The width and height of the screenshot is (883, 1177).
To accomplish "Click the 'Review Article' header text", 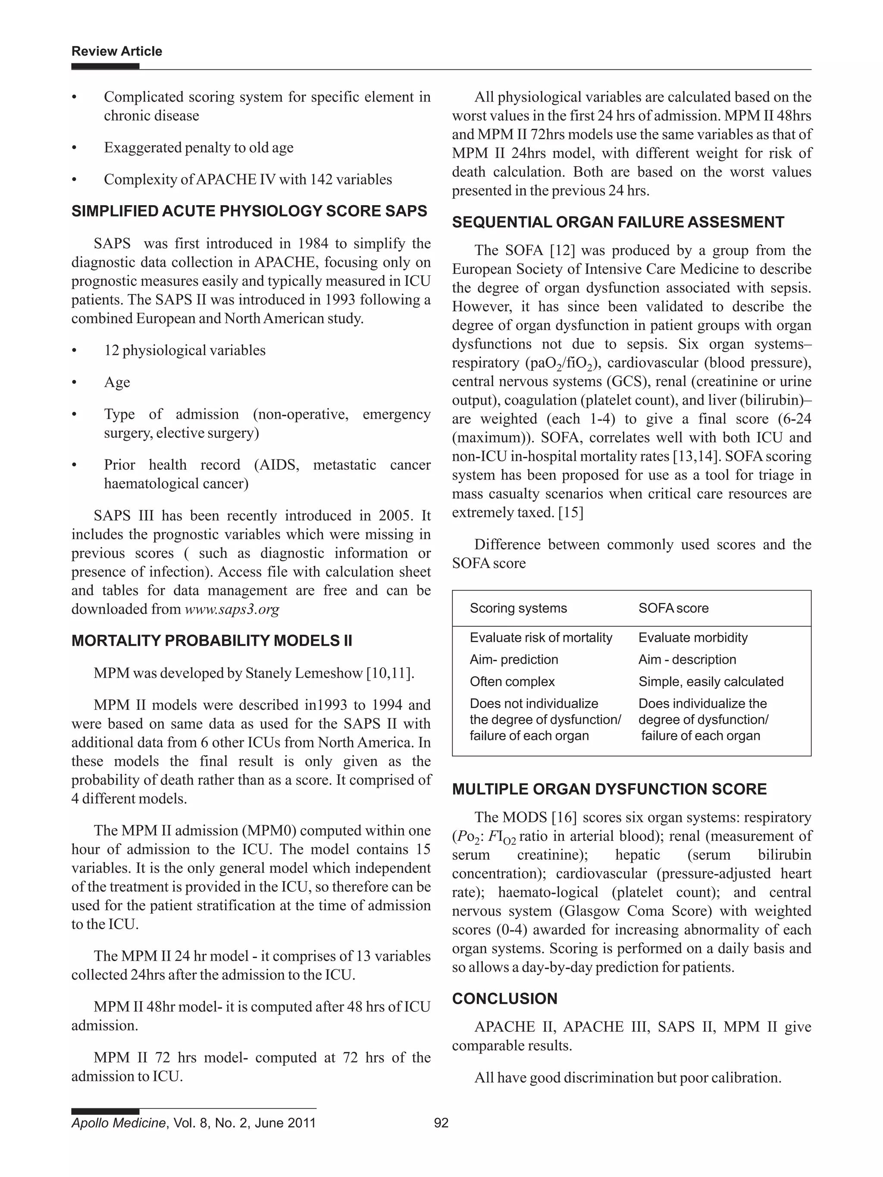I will click(x=116, y=51).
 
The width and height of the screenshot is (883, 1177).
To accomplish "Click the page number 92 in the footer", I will click(x=441, y=1123).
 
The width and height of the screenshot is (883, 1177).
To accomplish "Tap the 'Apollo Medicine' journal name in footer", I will click(x=118, y=1123).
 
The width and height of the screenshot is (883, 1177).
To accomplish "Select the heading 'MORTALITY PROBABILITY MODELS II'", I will click(x=212, y=640).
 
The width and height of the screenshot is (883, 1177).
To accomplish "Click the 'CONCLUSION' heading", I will click(x=504, y=999).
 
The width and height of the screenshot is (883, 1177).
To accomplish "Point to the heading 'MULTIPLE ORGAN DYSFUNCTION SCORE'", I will click(x=609, y=789).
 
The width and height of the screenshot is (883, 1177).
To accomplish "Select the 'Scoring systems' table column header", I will click(x=518, y=608).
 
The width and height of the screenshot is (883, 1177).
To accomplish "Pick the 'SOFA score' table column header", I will click(x=673, y=608).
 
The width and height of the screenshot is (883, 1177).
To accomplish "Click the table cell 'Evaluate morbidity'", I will click(x=692, y=637).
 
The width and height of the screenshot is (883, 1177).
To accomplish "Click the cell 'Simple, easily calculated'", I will click(x=711, y=682).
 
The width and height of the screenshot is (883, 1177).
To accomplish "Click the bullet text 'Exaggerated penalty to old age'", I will click(x=198, y=147).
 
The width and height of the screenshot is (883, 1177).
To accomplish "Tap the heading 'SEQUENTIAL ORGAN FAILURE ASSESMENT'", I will click(x=617, y=222).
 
